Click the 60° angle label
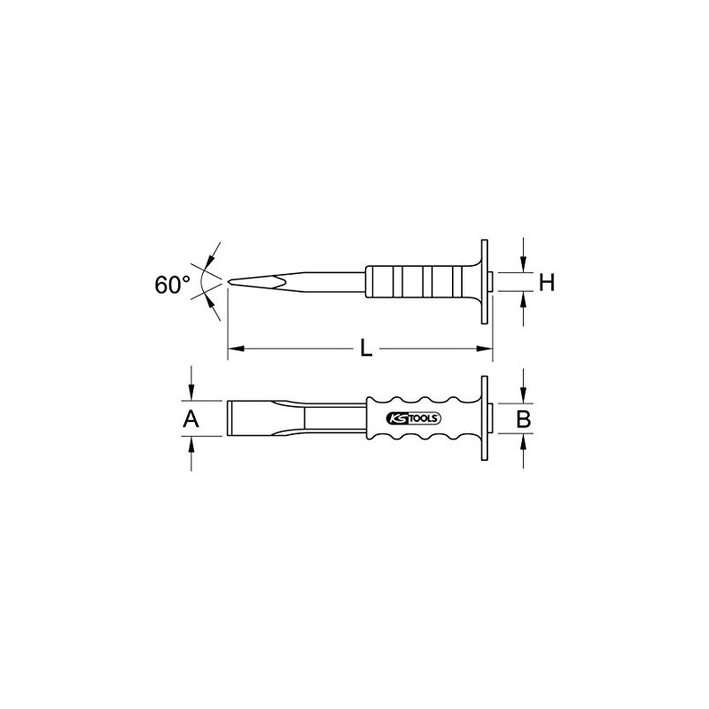point(172,284)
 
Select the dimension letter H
point(547,283)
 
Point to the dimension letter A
point(190,419)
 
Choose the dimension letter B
point(524,419)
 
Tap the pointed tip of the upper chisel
point(230,283)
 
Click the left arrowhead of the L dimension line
point(234,350)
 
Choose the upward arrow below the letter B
point(524,440)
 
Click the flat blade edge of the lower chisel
point(230,418)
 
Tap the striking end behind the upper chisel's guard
point(491,283)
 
